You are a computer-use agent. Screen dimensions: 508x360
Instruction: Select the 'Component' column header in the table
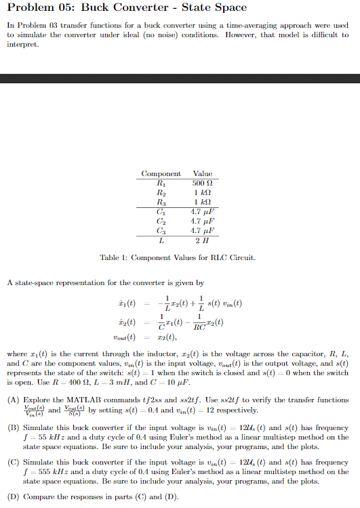161,174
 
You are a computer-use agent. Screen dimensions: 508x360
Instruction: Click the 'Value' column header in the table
202,174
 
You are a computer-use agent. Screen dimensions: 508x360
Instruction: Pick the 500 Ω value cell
202,183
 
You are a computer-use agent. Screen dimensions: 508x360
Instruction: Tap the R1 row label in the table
161,183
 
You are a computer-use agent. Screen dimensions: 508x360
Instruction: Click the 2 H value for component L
202,240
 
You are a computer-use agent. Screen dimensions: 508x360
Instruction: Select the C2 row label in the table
161,221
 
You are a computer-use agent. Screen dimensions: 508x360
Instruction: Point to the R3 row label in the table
161,202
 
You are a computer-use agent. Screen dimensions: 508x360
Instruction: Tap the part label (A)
14,400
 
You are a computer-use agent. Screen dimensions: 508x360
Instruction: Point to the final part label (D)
14,498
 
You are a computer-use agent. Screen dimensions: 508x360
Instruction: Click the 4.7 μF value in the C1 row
202,211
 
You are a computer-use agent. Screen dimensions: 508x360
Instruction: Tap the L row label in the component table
161,240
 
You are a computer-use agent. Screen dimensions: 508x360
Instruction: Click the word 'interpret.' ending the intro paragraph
21,45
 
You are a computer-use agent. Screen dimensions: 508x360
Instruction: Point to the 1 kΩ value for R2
202,192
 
